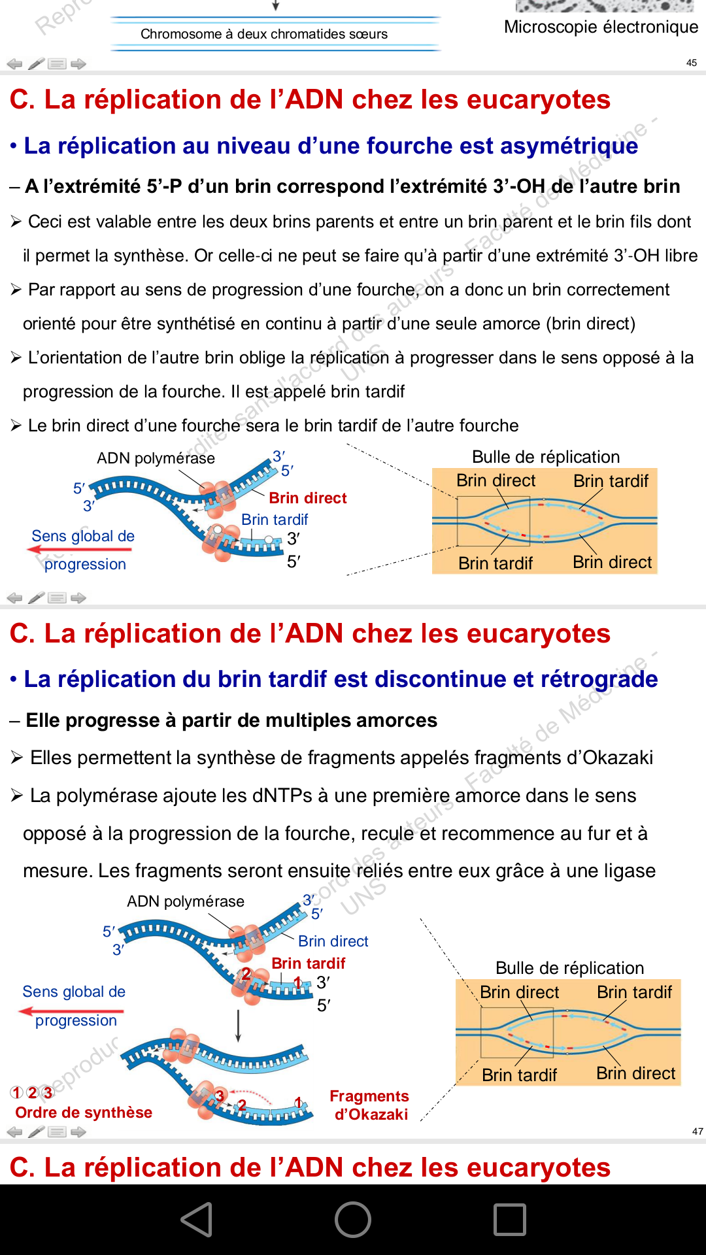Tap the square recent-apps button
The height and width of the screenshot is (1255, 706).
tap(510, 1220)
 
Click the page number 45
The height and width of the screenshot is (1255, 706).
tap(692, 63)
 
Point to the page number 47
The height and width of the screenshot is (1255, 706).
tap(698, 1131)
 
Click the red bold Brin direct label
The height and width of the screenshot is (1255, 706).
tap(308, 498)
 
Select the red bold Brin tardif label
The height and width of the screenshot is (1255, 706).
tap(309, 963)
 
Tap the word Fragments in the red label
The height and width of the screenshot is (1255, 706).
tap(369, 1096)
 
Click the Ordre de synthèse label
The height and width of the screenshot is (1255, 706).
tap(84, 1113)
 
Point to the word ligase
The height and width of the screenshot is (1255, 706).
tap(630, 871)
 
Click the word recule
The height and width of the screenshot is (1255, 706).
tap(388, 833)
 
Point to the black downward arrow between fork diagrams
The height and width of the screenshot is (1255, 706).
tap(239, 1026)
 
